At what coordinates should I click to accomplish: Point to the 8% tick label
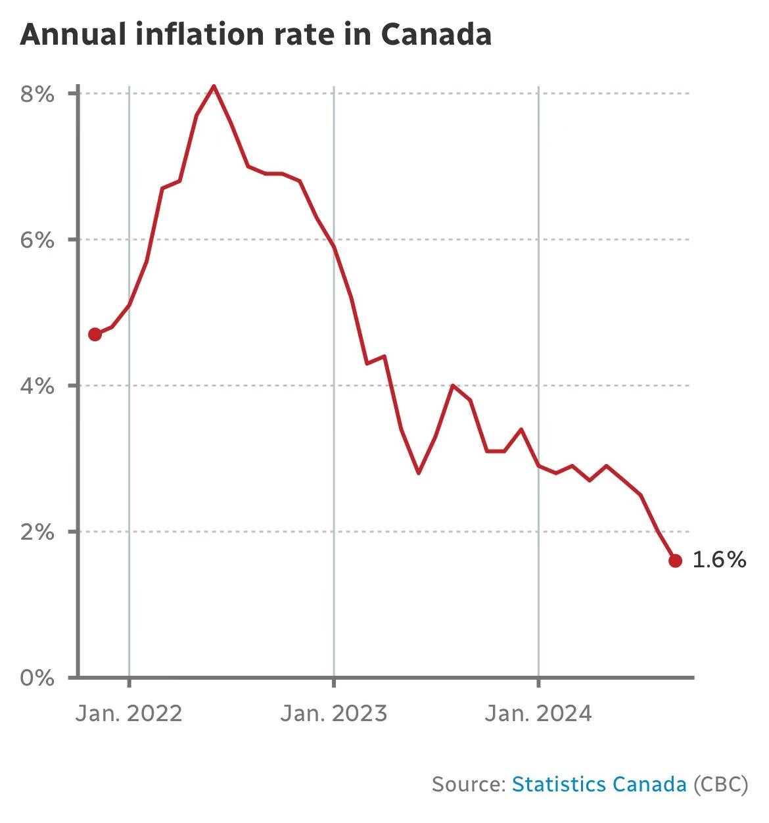tap(37, 94)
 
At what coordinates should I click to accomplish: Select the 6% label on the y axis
tap(37, 240)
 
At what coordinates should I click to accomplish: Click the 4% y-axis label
tap(37, 386)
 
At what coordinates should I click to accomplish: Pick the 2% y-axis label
tap(37, 532)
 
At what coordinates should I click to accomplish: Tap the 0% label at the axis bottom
tap(37, 678)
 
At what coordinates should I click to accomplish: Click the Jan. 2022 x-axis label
tap(129, 713)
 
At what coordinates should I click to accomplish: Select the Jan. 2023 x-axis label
tap(334, 713)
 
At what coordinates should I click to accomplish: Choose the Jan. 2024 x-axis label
tap(538, 713)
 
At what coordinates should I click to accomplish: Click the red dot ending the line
tap(675, 561)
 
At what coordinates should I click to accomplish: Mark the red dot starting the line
tap(95, 335)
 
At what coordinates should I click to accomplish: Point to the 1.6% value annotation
tap(719, 560)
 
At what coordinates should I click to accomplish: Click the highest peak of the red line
tap(214, 86)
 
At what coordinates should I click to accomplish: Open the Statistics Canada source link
tap(599, 784)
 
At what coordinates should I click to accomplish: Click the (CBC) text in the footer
tap(720, 784)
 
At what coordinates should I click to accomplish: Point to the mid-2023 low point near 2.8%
tap(419, 473)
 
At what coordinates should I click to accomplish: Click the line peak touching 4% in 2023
tap(453, 385)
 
